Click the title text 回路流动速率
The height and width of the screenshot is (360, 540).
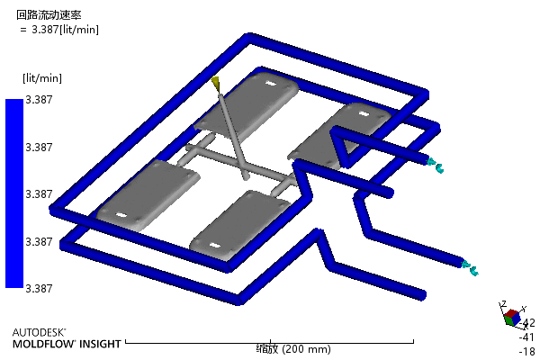point(49,15)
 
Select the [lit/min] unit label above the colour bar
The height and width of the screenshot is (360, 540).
point(42,78)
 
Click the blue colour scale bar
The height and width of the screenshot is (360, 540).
point(14,193)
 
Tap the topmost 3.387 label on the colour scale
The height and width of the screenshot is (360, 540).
point(39,100)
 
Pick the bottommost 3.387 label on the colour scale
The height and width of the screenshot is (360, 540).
point(39,289)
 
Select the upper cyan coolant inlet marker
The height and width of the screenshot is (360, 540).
point(436,166)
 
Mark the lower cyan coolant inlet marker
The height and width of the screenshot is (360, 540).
point(470,268)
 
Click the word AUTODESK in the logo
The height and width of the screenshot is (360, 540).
point(39,332)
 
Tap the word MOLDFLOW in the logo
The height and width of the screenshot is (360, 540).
point(44,344)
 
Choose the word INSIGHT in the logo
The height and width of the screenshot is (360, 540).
point(100,344)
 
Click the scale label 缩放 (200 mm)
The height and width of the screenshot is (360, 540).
point(293,349)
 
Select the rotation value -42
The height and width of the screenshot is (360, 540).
point(527,323)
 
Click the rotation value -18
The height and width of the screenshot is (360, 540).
point(527,352)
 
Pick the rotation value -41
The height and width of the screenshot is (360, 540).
point(526,337)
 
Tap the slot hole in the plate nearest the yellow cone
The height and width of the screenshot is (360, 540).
point(272,84)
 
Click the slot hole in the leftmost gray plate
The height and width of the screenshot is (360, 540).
point(121,215)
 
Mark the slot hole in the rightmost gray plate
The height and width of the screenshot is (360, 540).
point(363,113)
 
